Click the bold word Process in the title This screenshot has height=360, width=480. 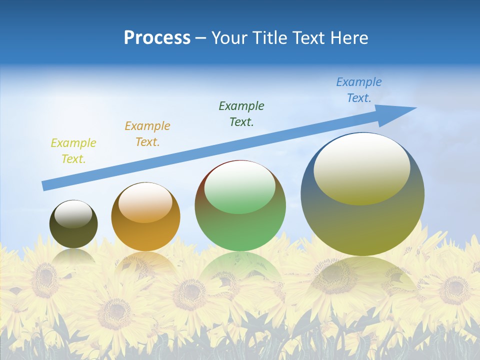(x=157, y=38)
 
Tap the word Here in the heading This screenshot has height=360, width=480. (x=348, y=38)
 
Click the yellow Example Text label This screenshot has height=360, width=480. (x=73, y=151)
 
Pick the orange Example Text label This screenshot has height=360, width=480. (x=147, y=134)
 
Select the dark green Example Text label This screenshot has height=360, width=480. (x=241, y=113)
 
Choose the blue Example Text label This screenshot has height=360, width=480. (x=359, y=90)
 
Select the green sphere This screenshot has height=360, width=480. (x=240, y=225)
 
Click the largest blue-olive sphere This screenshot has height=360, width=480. (x=362, y=220)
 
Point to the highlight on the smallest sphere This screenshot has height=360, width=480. (x=73, y=214)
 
